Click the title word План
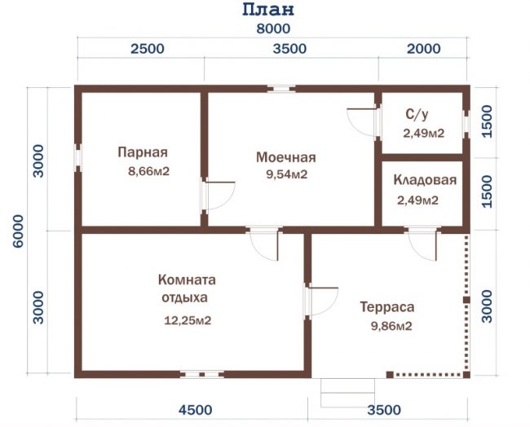click(x=268, y=10)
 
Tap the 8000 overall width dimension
click(x=273, y=29)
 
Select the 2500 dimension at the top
click(x=148, y=49)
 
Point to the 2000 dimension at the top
click(x=423, y=49)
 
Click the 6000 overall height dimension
click(x=19, y=231)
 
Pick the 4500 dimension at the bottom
click(x=196, y=410)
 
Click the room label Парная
click(x=143, y=152)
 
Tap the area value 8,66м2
click(x=148, y=171)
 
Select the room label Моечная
click(x=286, y=157)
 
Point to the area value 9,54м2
click(x=287, y=174)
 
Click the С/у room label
click(x=417, y=115)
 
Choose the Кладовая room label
click(x=425, y=180)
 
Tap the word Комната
click(x=187, y=280)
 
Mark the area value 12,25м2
click(x=188, y=320)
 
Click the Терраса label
click(x=387, y=307)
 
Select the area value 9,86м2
click(x=391, y=326)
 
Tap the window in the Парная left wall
click(x=78, y=158)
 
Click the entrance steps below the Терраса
click(x=348, y=393)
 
